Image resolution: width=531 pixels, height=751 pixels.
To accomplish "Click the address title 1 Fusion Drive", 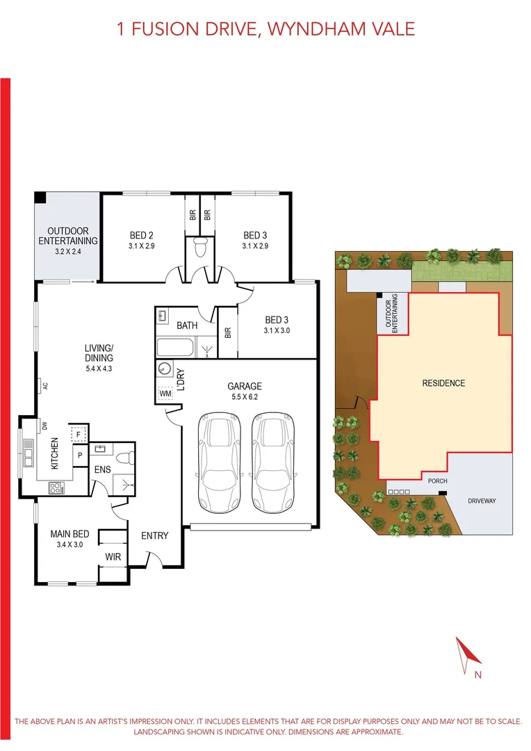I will pyautogui.click(x=265, y=29).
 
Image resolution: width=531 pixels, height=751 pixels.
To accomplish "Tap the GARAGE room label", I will pyautogui.click(x=245, y=386).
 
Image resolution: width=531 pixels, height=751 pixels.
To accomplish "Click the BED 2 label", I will pyautogui.click(x=141, y=235).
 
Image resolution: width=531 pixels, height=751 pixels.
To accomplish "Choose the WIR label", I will pyautogui.click(x=113, y=557).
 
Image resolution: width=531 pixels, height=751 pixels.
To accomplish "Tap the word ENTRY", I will pyautogui.click(x=154, y=535).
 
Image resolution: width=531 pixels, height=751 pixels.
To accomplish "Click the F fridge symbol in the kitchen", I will pyautogui.click(x=79, y=434).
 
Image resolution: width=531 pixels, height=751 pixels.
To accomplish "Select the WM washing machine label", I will pyautogui.click(x=165, y=394).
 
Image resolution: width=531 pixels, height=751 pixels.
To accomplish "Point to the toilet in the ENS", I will pyautogui.click(x=124, y=457).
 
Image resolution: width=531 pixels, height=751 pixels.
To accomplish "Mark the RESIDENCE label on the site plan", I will pyautogui.click(x=443, y=383).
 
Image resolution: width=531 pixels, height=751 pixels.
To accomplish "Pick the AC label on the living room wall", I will pyautogui.click(x=43, y=385).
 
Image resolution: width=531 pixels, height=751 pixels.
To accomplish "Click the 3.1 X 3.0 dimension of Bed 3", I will pyautogui.click(x=276, y=331).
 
